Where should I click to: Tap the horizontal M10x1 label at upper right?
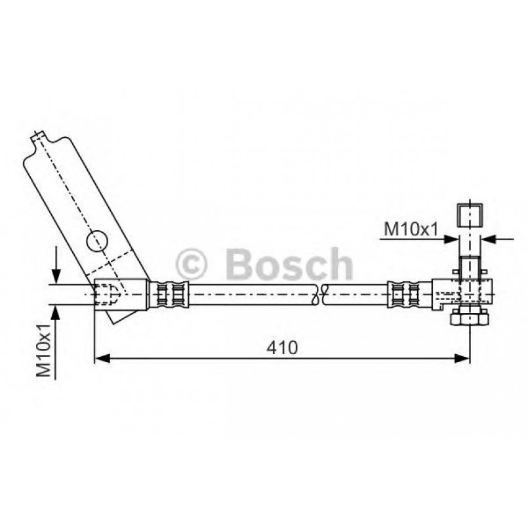click(410, 229)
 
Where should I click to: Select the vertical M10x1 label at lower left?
click(44, 350)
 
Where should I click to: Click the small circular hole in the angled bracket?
click(96, 241)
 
